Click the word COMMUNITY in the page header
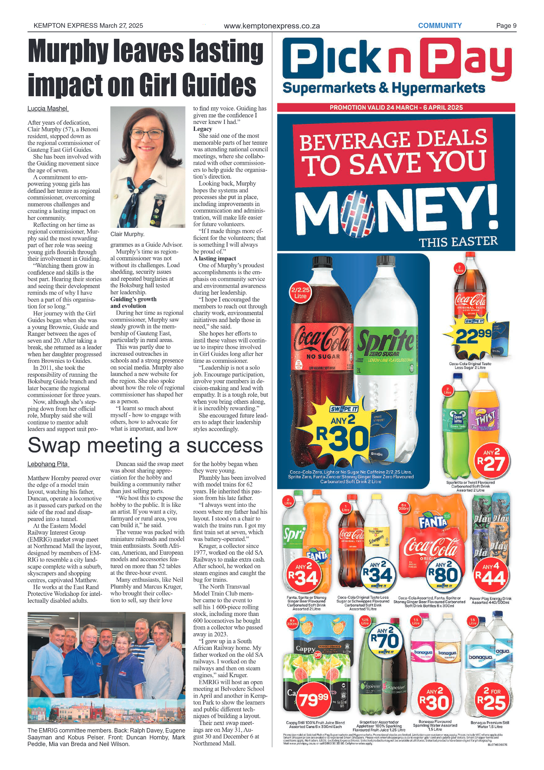(x=439, y=26)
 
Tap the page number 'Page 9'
(x=506, y=26)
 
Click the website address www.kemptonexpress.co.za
(x=272, y=26)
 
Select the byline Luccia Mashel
(x=48, y=109)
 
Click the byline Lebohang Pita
(x=48, y=464)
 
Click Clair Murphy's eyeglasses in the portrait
(x=148, y=134)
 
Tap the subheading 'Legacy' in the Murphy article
(x=202, y=129)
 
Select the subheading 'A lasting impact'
(x=215, y=258)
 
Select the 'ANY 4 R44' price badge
(x=490, y=575)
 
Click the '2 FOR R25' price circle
(x=491, y=699)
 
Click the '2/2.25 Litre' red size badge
(x=300, y=293)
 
